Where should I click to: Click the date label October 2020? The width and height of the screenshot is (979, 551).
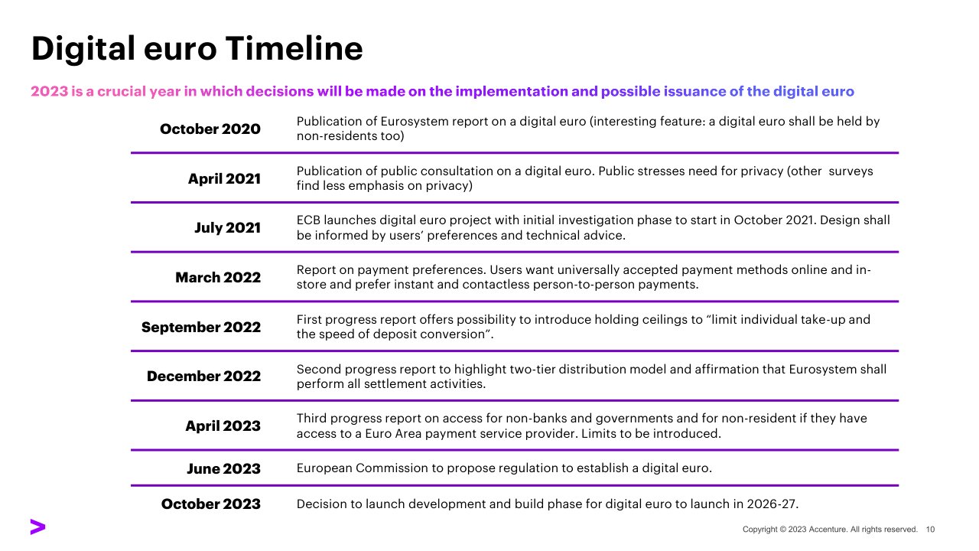point(210,129)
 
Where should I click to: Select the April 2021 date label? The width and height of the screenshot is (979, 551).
point(224,179)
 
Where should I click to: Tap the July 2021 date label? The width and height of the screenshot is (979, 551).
point(227,228)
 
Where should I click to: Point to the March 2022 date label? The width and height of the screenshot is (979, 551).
point(218,277)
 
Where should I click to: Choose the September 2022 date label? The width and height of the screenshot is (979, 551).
point(201,327)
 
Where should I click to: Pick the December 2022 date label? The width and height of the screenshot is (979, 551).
point(203,376)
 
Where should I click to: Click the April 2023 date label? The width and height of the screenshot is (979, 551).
point(223,426)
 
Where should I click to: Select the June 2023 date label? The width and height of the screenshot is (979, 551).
point(224,469)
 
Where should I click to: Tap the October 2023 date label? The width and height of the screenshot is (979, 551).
point(210,504)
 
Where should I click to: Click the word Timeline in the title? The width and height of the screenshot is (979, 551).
point(294,48)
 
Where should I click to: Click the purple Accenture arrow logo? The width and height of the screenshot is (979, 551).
point(37,527)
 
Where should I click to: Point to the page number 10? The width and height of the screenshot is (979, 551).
point(930,530)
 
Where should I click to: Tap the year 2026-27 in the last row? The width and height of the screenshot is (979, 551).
point(772,504)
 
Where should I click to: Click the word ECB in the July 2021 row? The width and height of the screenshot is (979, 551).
point(308,220)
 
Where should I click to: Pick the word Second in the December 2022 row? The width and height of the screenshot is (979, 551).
point(319,370)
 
